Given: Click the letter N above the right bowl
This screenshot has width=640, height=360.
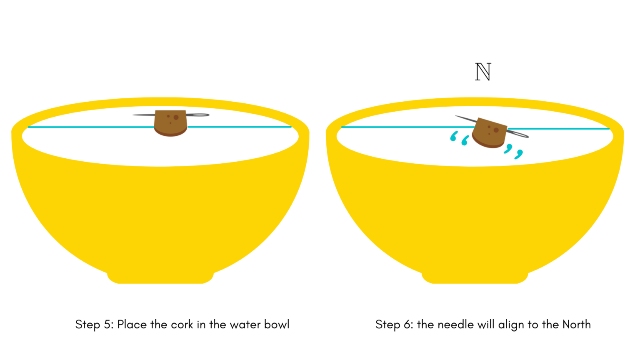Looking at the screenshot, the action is [483, 72].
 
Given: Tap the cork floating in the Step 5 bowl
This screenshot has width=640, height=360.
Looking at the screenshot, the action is [170, 123].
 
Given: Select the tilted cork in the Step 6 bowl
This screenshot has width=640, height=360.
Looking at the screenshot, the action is [490, 133].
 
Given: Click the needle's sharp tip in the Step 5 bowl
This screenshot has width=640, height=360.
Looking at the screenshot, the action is [133, 115].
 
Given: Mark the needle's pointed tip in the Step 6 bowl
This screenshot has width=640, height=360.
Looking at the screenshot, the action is [456, 116].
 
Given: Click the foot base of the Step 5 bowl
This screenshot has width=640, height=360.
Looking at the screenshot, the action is [160, 278].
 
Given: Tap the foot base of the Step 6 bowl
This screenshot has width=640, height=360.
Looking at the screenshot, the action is [475, 278].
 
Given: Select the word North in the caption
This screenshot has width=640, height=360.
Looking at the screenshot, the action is [577, 325].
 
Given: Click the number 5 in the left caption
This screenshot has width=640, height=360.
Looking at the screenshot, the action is [107, 325].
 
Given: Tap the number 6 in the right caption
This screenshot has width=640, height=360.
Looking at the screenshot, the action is [408, 325].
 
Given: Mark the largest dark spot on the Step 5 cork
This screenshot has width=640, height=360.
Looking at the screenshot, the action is [176, 117].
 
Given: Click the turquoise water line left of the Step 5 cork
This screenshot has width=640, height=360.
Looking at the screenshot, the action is [91, 127].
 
